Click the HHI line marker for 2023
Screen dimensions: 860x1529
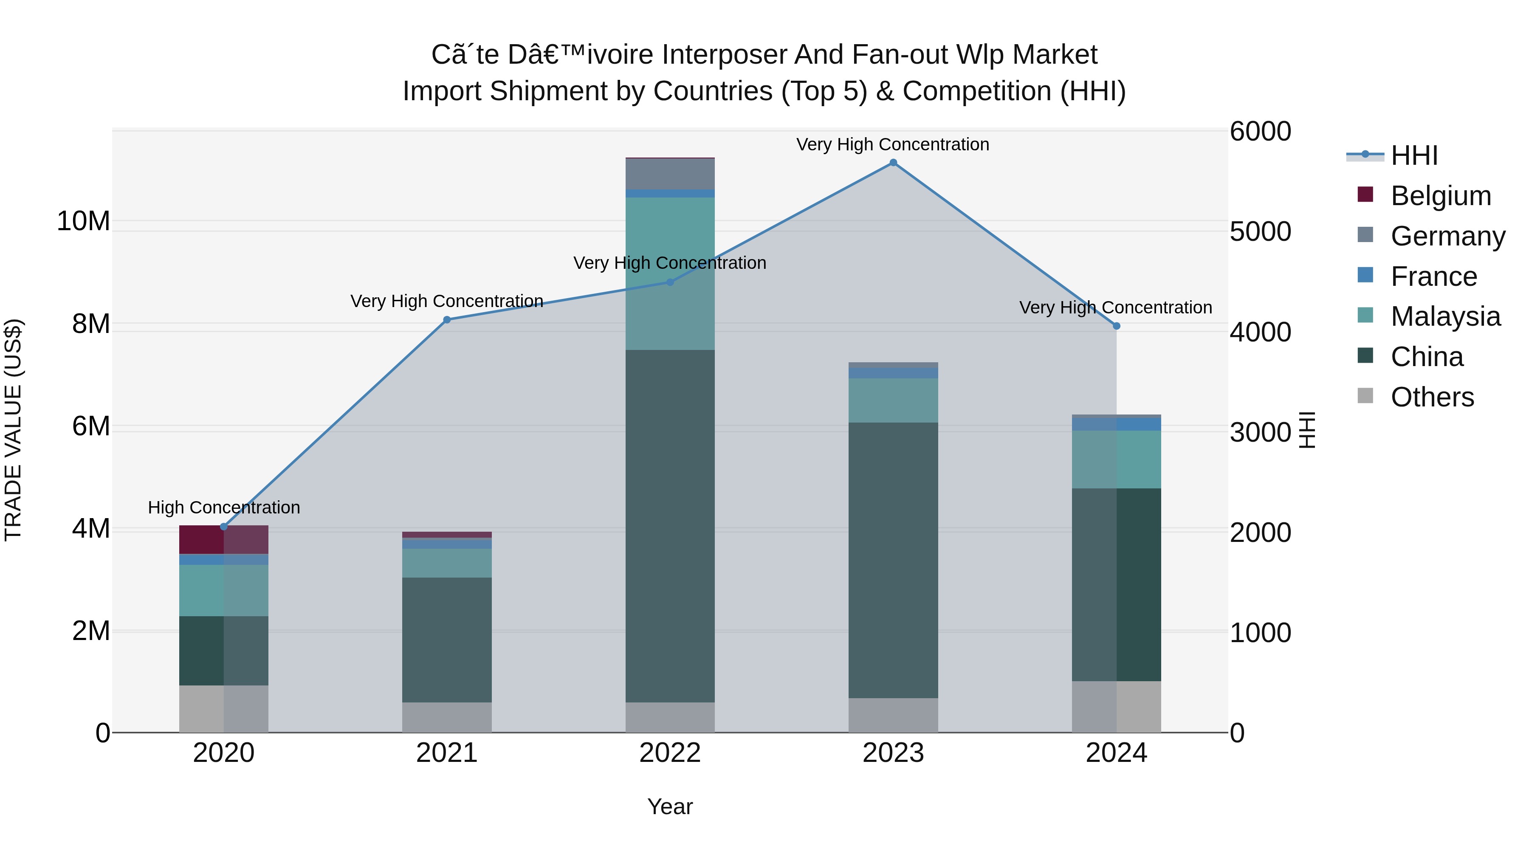click(893, 163)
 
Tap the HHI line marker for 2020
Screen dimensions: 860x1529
click(224, 527)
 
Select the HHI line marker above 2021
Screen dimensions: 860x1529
click(447, 320)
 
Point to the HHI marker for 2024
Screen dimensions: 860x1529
click(1116, 326)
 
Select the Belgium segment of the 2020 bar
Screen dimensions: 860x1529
click(224, 539)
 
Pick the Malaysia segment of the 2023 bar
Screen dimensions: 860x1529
click(893, 400)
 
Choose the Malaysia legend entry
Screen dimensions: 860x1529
click(1445, 316)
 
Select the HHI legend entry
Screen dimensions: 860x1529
click(1414, 155)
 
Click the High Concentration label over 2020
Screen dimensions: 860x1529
click(224, 508)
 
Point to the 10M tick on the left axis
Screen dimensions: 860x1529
click(83, 221)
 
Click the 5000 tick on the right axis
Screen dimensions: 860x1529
click(1260, 231)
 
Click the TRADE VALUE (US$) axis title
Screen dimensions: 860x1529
click(13, 430)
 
